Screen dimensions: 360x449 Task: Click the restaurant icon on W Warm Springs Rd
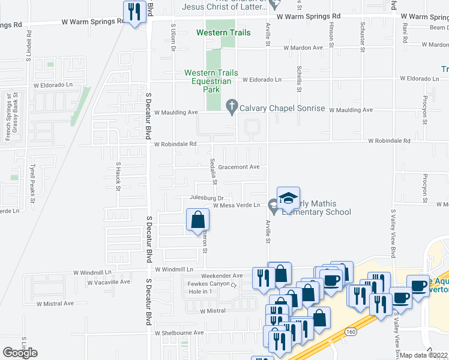133,13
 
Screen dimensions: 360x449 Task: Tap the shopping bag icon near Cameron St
197,220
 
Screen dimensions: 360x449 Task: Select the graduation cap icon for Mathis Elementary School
288,198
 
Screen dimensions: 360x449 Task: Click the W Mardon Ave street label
303,47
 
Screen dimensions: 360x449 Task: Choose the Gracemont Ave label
238,167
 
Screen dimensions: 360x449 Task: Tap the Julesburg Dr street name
206,197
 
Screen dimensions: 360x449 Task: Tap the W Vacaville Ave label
108,281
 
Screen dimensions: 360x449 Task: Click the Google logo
20,353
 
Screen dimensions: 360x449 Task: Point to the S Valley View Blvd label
394,233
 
